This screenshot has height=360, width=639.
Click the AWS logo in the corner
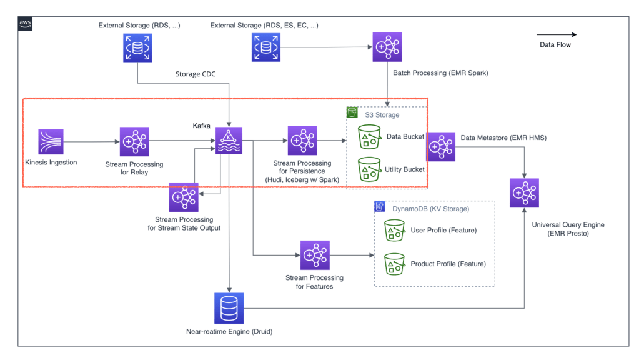25,24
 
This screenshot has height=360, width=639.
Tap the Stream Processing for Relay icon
134,142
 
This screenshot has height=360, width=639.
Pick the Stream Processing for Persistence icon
302,141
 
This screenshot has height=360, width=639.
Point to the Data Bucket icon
370,137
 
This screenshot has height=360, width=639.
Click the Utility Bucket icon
370,169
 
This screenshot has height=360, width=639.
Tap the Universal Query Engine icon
524,193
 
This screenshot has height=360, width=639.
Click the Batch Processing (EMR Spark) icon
388,47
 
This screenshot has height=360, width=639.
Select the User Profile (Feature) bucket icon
394,231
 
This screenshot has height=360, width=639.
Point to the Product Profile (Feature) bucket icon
394,264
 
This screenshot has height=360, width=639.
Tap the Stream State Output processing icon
184,197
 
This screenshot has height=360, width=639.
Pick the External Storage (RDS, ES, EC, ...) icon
267,47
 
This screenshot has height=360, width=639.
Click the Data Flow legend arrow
556,35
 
